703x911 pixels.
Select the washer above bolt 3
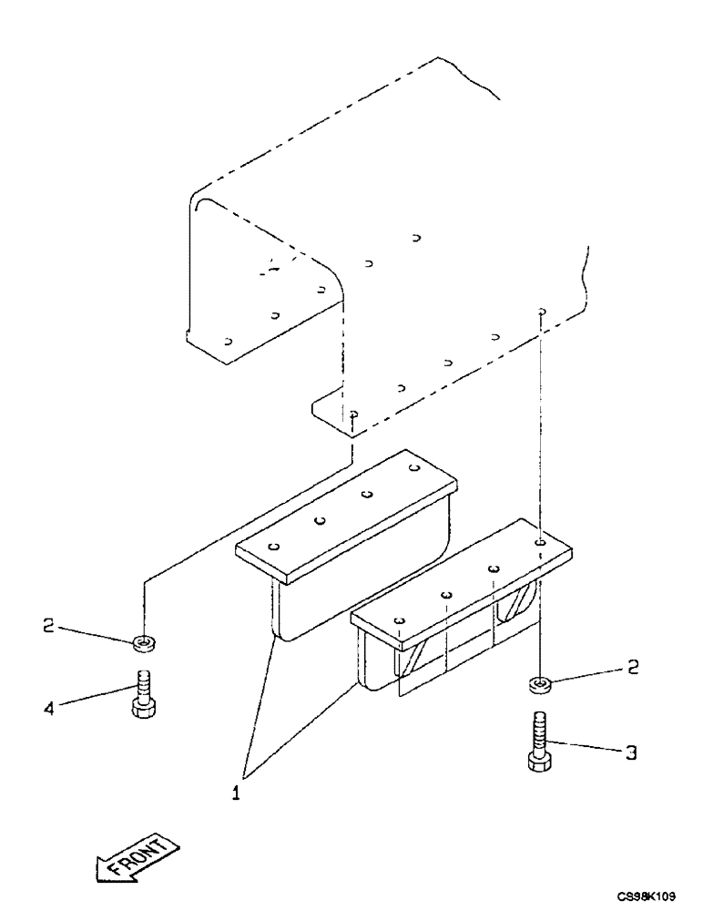[538, 682]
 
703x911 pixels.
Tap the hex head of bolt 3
[538, 760]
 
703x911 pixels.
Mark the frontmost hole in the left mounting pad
[274, 547]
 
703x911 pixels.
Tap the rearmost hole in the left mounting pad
[414, 468]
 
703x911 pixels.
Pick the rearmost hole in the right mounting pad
[540, 542]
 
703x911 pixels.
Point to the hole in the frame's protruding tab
[352, 414]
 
